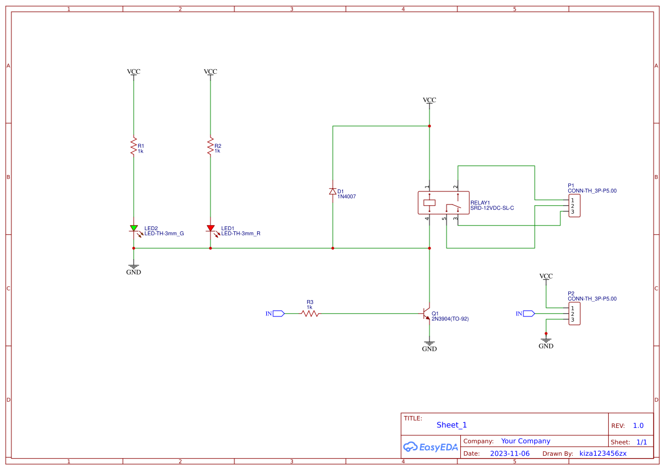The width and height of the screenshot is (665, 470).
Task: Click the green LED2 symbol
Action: coord(134,228)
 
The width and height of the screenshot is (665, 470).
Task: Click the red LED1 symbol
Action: coord(210,228)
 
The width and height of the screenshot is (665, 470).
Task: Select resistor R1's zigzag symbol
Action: coord(134,145)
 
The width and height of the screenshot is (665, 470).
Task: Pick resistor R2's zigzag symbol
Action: coord(210,145)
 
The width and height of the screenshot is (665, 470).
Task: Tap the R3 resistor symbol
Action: coord(310,313)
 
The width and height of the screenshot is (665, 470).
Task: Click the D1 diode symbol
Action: coord(333,192)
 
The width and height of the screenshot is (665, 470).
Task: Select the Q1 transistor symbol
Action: coord(426,314)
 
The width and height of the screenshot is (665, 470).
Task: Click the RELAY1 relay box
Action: coord(444,203)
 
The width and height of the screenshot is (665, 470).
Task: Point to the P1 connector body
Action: coord(575,206)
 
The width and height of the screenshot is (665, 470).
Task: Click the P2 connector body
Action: coord(575,314)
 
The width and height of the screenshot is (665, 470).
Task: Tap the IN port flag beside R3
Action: coord(278,313)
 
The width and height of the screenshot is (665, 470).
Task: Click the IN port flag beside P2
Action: coord(528,314)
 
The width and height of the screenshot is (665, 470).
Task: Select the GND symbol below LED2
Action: coord(134,269)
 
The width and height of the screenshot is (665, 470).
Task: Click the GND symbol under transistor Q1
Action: coord(429,346)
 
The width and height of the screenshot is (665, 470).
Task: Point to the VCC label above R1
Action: coord(134,72)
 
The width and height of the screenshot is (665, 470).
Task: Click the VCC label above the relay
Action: coord(429,100)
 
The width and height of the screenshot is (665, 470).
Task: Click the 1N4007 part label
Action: coord(346,197)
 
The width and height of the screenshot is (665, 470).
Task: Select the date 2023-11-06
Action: coord(510,454)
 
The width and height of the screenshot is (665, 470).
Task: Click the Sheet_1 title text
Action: coord(452,425)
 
